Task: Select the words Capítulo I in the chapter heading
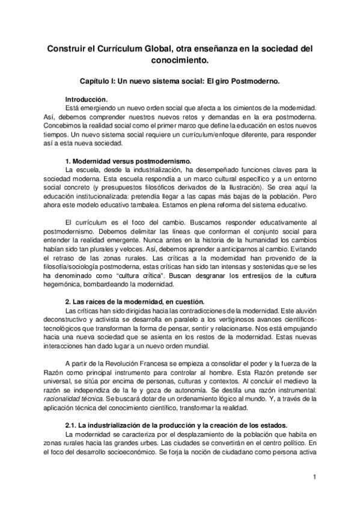[99, 80]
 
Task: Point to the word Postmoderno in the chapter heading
[257, 80]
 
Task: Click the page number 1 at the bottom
[314, 478]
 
